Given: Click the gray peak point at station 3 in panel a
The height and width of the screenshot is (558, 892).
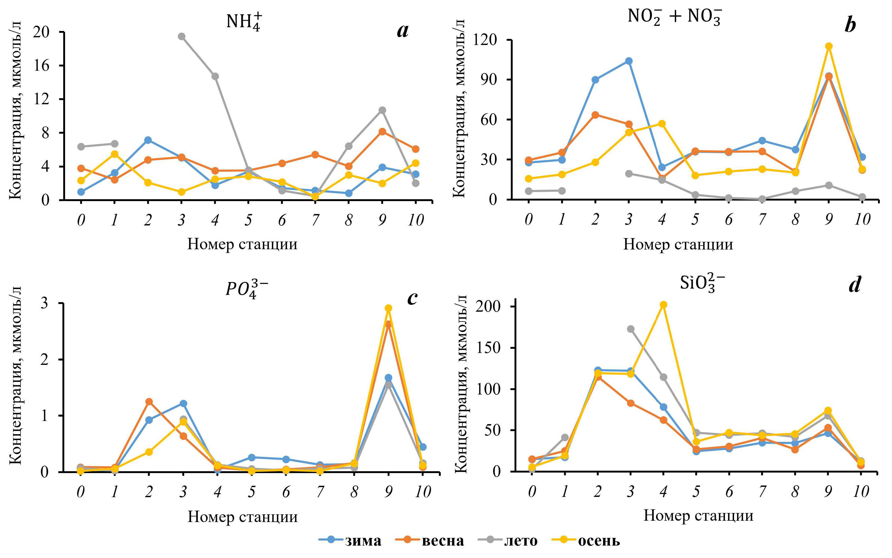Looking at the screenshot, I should click(181, 37).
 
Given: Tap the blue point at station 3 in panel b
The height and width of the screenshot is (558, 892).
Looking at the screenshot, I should click(629, 61).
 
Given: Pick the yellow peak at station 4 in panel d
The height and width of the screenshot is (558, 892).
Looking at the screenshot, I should click(663, 305).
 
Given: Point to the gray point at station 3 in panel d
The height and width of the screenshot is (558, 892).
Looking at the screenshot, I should click(630, 329).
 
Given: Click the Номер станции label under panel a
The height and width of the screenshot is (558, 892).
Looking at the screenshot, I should click(242, 244).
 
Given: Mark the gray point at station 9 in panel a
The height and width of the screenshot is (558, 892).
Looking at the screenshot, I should click(382, 110).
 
